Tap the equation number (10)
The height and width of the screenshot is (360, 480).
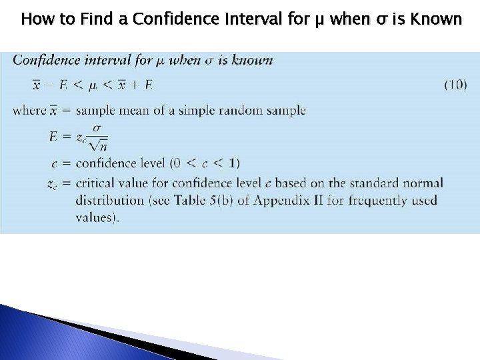click(x=455, y=85)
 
